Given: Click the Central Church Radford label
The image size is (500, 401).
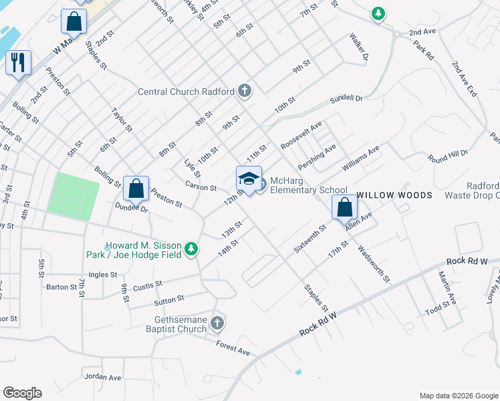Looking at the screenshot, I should [186, 92].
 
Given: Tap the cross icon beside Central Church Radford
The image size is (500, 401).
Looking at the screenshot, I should [245, 90].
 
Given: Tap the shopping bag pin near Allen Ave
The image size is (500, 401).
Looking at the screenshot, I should [345, 207].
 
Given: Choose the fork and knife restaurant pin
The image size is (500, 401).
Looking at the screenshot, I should [18, 63].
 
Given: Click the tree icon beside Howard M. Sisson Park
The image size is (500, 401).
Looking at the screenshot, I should [192, 249].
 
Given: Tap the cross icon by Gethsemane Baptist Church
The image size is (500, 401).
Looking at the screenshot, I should [217, 324].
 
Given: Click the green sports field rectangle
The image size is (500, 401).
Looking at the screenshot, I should [74, 196].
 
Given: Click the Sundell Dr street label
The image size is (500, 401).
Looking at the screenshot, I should [346, 100].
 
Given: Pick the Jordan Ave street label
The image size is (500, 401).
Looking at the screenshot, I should [104, 377].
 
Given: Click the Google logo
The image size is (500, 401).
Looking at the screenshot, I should [23, 393].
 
